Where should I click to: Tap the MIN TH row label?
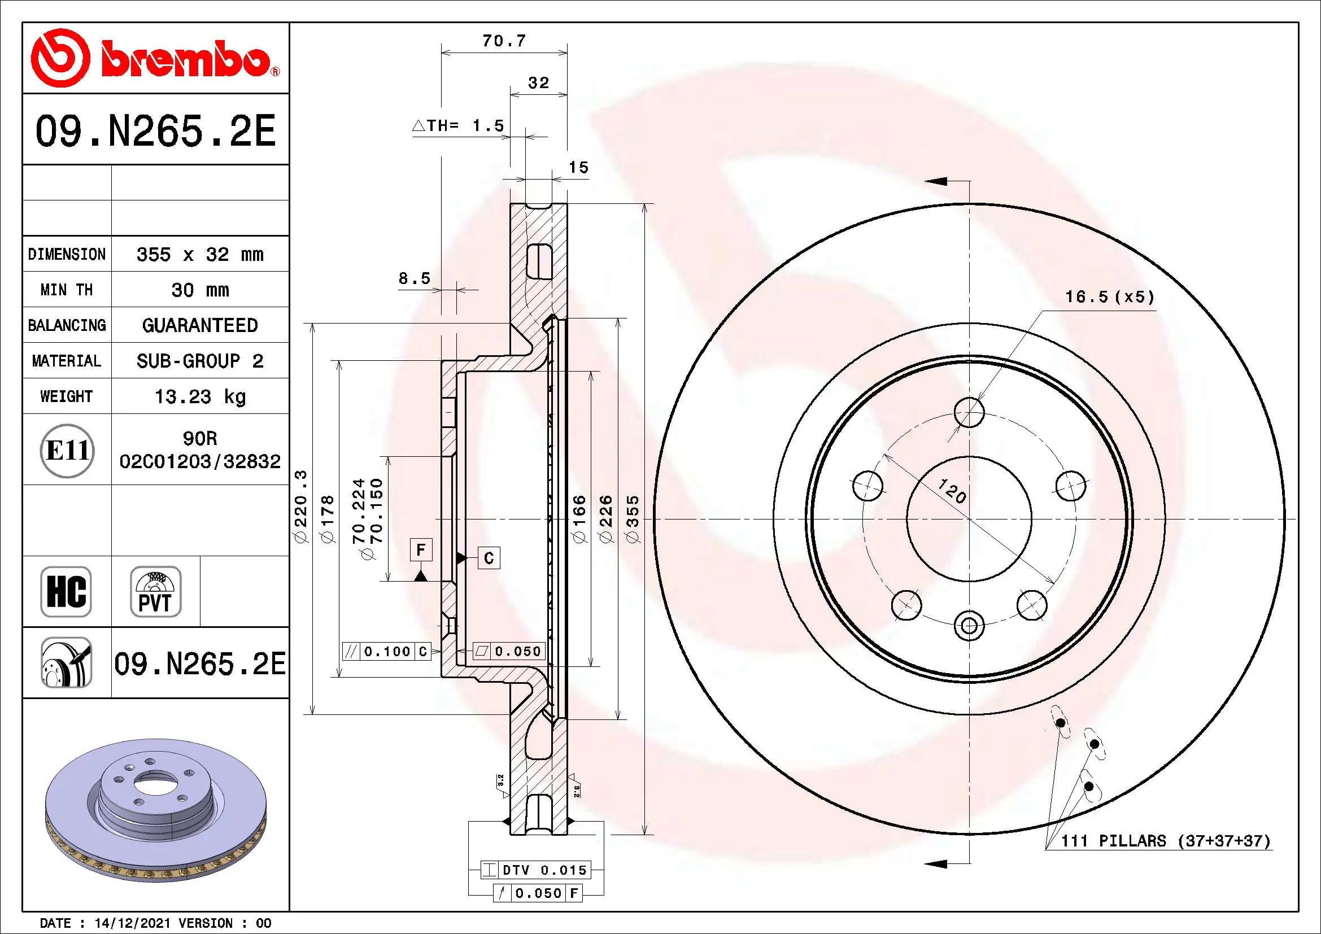pos(66,290)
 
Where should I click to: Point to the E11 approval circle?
pos(67,450)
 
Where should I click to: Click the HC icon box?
pos(66,591)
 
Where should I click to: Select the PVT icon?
pos(155,591)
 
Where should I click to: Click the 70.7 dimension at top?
pos(503,41)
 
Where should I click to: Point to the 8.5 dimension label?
pos(414,278)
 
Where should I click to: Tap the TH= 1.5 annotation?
pos(459,125)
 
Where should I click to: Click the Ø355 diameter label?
pos(633,519)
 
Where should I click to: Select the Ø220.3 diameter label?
pos(301,506)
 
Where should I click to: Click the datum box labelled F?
pos(421,549)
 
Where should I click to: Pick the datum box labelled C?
pos(489,558)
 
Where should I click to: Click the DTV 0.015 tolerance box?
pos(536,870)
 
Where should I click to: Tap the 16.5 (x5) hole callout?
pos(1109,297)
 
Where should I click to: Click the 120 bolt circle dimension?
pos(952,491)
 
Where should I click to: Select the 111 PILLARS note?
pos(1165,841)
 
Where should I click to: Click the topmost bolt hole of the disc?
pos(969,412)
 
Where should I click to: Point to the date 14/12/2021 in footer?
pos(132,923)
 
